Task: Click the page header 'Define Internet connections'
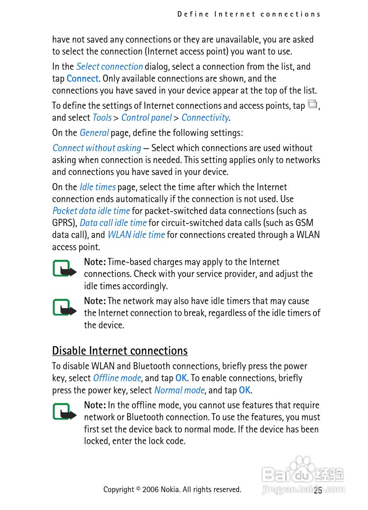[x=249, y=14]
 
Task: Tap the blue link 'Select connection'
[x=109, y=67]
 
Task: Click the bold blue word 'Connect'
[x=82, y=78]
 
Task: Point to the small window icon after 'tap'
[x=313, y=105]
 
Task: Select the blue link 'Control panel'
[x=146, y=118]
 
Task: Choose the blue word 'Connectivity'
[x=205, y=118]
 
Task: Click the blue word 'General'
[x=94, y=133]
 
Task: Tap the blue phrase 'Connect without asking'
[x=97, y=148]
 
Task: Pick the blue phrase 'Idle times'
[x=97, y=187]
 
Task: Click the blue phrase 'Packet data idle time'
[x=91, y=211]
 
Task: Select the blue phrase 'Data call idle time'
[x=113, y=223]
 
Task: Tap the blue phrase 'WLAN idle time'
[x=136, y=235]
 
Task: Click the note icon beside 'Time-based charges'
[x=64, y=269]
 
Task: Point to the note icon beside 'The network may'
[x=64, y=308]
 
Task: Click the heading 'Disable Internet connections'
[x=120, y=351]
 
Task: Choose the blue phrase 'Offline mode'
[x=117, y=378]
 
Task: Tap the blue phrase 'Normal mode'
[x=179, y=390]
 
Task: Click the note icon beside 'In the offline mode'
[x=64, y=412]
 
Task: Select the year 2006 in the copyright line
[x=150, y=489]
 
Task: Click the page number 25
[x=317, y=490]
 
